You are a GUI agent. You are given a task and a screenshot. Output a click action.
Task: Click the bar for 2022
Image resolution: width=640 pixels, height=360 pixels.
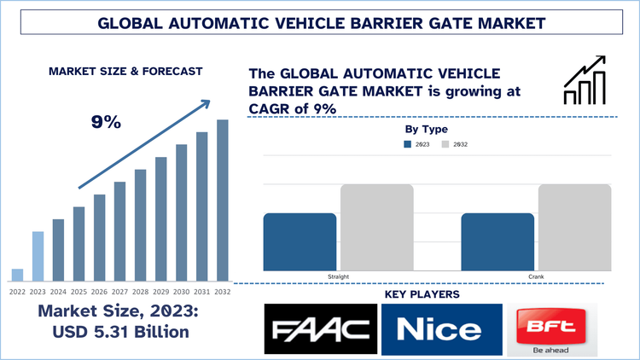coord(17,275)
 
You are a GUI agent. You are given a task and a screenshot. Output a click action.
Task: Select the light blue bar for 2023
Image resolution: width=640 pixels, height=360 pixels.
coord(38,256)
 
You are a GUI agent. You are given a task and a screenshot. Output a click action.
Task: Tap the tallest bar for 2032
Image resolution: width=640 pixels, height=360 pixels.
coord(223,200)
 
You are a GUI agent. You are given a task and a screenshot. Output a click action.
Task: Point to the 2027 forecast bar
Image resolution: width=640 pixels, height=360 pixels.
coord(120,231)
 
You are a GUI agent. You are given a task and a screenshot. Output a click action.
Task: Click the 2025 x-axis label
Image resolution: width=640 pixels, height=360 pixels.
coord(79,291)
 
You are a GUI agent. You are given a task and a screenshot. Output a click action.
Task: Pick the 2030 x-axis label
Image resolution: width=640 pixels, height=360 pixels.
coord(182,291)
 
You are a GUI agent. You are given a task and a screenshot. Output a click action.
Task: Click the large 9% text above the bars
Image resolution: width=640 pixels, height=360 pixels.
coord(106,122)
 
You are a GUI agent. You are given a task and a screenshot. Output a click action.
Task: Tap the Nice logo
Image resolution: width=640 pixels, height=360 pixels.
coord(439,329)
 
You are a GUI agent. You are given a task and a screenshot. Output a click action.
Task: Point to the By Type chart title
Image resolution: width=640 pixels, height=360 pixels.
coord(426,129)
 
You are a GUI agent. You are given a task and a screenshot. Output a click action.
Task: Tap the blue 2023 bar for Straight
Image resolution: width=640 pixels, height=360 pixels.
coord(300,242)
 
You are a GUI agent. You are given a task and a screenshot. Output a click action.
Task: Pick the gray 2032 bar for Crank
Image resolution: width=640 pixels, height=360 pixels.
coord(574,228)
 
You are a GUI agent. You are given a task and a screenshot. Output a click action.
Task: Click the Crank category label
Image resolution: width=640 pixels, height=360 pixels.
coord(537,277)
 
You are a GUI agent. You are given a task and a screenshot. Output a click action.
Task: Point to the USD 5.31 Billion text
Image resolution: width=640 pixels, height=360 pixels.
coord(119,331)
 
